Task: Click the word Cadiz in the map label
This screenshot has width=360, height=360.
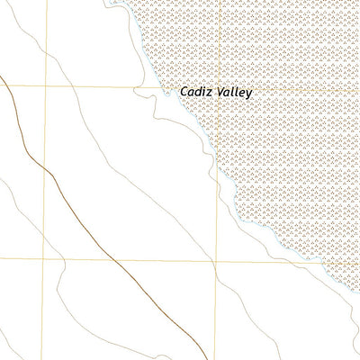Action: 194,92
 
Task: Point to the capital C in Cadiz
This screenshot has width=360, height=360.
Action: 184,92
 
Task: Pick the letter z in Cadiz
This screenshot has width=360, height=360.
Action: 208,92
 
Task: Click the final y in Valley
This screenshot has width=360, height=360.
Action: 249,94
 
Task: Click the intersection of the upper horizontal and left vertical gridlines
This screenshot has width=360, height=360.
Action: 46,86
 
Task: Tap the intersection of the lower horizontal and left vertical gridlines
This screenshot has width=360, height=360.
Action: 47,260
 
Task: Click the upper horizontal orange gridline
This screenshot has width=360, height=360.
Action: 90,86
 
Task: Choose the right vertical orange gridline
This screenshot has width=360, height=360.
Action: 216,306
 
